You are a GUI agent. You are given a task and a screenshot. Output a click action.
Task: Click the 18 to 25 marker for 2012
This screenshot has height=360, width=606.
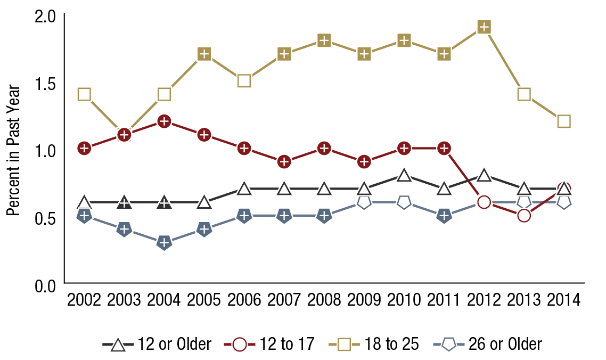[x=484, y=27]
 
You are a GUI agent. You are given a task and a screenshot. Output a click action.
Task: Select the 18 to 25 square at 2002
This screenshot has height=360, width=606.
[x=84, y=94]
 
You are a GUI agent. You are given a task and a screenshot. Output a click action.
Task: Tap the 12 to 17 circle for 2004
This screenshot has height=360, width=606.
[x=164, y=121]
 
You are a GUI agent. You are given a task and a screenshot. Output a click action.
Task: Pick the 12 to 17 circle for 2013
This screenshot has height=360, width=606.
[x=524, y=216]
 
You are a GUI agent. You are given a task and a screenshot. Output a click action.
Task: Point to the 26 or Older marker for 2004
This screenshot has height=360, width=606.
[x=164, y=243]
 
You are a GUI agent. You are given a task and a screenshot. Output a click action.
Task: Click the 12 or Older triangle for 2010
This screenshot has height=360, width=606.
[x=404, y=175]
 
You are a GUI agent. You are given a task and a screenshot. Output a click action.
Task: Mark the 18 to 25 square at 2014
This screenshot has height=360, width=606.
[x=564, y=121]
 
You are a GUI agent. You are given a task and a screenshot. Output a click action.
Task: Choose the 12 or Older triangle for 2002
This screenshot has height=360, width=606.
[x=84, y=202]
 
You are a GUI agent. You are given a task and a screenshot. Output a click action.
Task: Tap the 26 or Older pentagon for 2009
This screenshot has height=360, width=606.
[x=364, y=202]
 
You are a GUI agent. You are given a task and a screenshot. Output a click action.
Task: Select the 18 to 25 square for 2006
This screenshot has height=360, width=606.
[x=244, y=81]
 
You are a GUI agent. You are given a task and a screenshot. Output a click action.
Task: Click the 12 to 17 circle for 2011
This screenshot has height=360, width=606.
[x=444, y=148]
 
